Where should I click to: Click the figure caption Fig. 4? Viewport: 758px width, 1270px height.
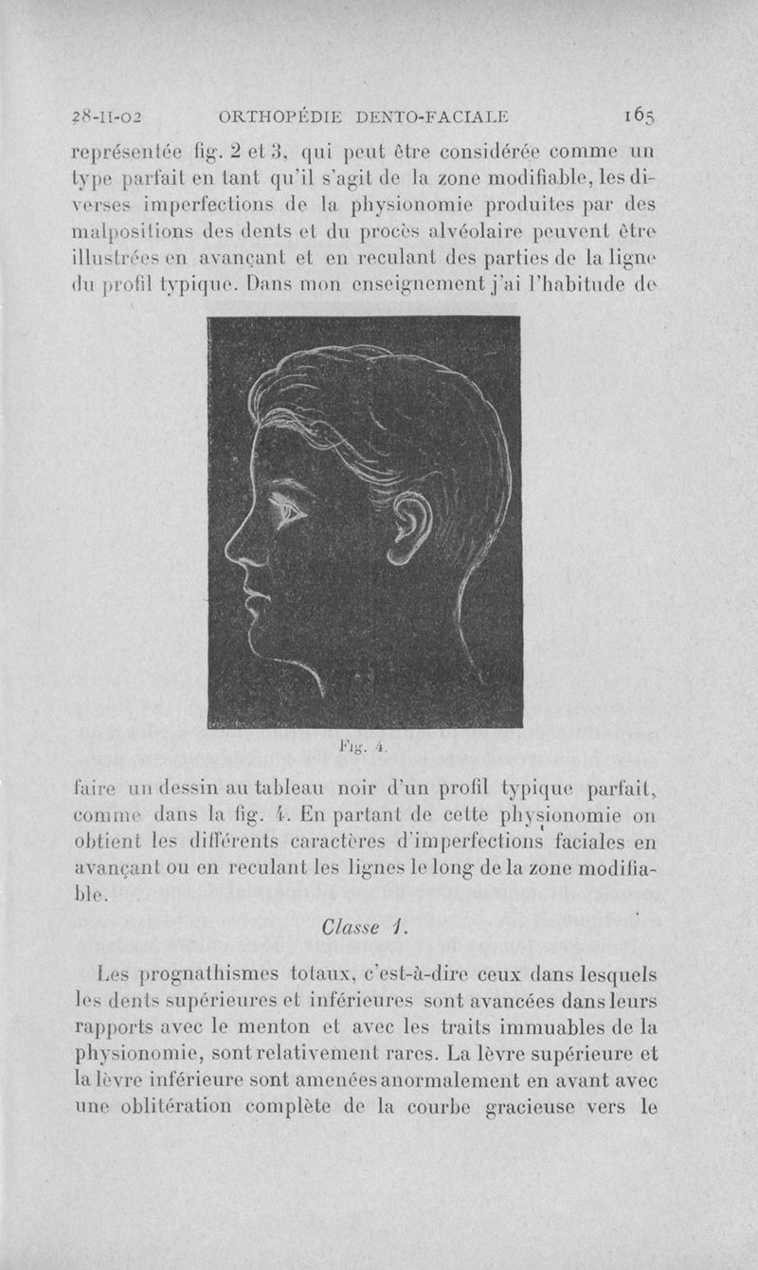pyautogui.click(x=365, y=747)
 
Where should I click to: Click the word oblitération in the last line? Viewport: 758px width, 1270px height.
pyautogui.click(x=193, y=1106)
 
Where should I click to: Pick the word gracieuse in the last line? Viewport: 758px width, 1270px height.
pyautogui.click(x=545, y=1106)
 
